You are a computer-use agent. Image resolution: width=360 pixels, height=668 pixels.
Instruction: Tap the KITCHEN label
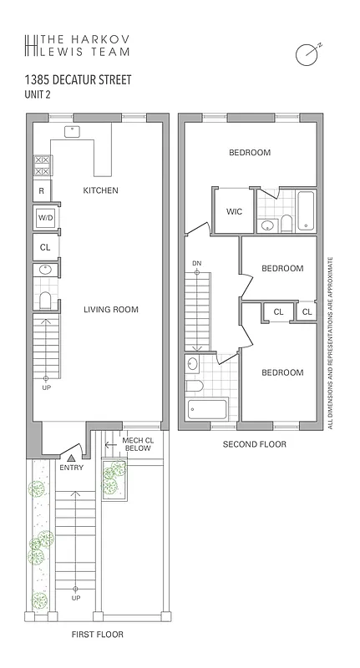click(100, 190)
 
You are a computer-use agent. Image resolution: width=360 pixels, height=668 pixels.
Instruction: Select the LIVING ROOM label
click(110, 310)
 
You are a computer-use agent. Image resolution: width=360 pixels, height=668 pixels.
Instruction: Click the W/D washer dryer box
click(44, 218)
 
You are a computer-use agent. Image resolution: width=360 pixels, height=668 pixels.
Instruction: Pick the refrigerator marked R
click(41, 190)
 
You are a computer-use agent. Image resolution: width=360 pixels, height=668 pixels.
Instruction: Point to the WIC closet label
click(234, 211)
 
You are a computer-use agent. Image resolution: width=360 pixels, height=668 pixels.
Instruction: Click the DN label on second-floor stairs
click(197, 264)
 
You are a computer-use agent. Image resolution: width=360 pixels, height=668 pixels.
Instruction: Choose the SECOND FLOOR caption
click(254, 444)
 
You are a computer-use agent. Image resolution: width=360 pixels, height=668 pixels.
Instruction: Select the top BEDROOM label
click(250, 152)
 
